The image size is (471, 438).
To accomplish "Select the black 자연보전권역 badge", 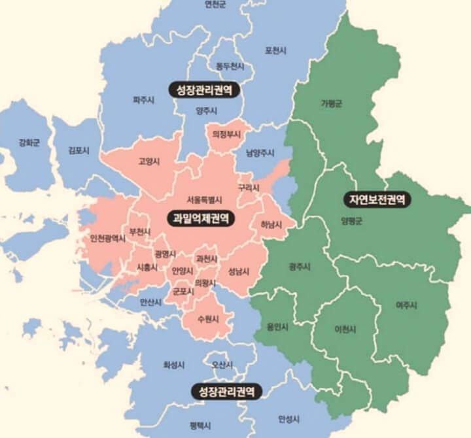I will (x=377, y=199).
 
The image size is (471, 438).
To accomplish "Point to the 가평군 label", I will (x=332, y=104).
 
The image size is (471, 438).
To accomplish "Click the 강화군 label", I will (x=29, y=143).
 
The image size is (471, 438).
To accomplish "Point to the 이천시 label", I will (x=345, y=329).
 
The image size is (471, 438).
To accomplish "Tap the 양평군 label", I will (x=351, y=221).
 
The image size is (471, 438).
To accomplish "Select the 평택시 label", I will (x=201, y=425).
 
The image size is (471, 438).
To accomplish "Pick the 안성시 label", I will (x=288, y=418).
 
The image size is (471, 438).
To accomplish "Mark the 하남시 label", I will (x=271, y=225).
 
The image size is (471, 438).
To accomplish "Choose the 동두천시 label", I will (x=230, y=66).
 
